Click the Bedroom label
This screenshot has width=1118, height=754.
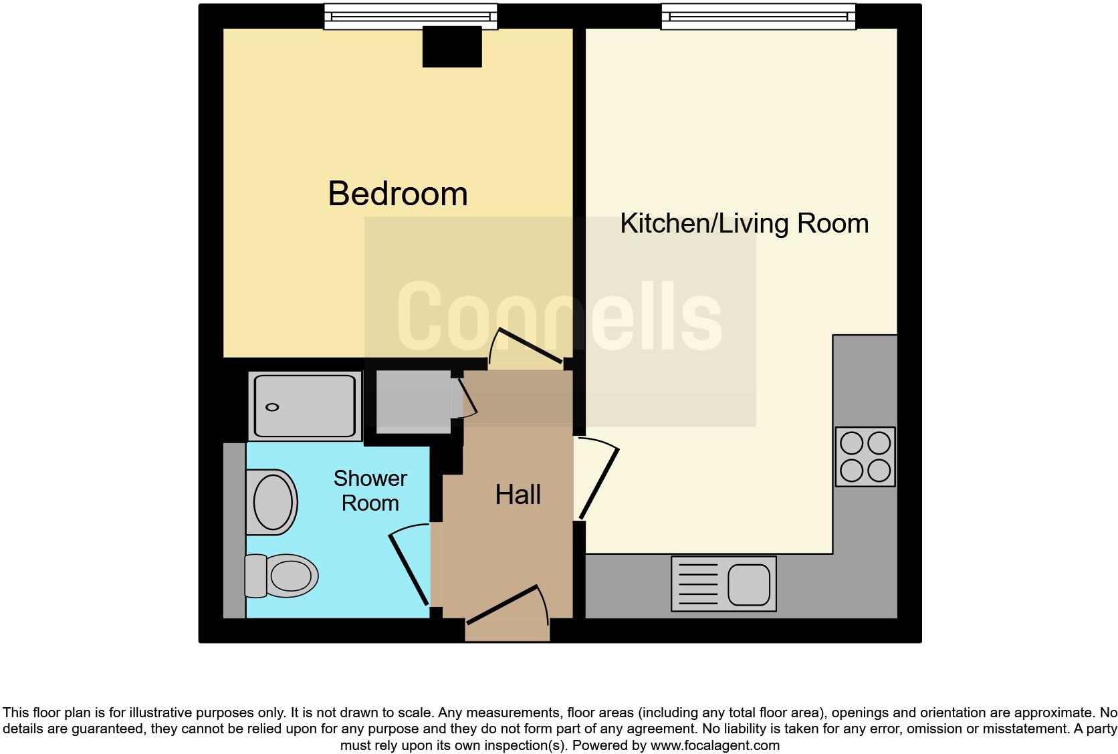(397, 194)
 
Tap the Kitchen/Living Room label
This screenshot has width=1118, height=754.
(744, 223)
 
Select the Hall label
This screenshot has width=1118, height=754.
(518, 495)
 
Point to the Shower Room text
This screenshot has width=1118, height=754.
(370, 491)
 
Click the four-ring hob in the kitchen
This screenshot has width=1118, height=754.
(865, 457)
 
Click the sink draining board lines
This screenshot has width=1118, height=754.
(699, 584)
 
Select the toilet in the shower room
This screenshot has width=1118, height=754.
(281, 576)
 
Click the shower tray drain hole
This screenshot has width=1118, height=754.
(272, 408)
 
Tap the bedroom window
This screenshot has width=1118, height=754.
(411, 17)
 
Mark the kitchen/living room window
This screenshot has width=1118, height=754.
(758, 17)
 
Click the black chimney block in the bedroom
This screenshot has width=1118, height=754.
(452, 47)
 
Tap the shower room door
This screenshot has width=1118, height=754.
(408, 568)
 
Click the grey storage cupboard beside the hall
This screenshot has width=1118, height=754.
(413, 402)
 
